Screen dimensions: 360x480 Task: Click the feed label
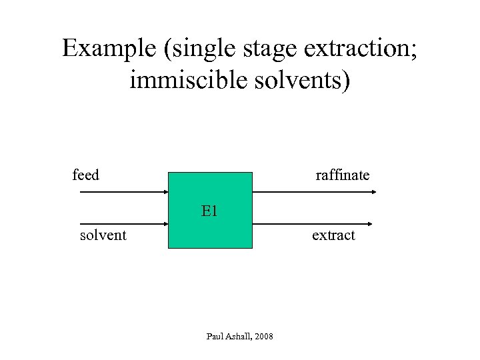pos(85,175)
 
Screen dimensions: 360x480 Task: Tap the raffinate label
pos(342,175)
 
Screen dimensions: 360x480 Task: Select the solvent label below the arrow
pos(103,235)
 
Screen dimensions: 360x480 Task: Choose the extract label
pos(333,235)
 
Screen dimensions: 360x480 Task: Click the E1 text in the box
pos(210,211)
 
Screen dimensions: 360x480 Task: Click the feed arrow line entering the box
pos(123,192)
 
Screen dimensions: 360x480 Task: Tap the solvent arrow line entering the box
pos(123,224)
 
